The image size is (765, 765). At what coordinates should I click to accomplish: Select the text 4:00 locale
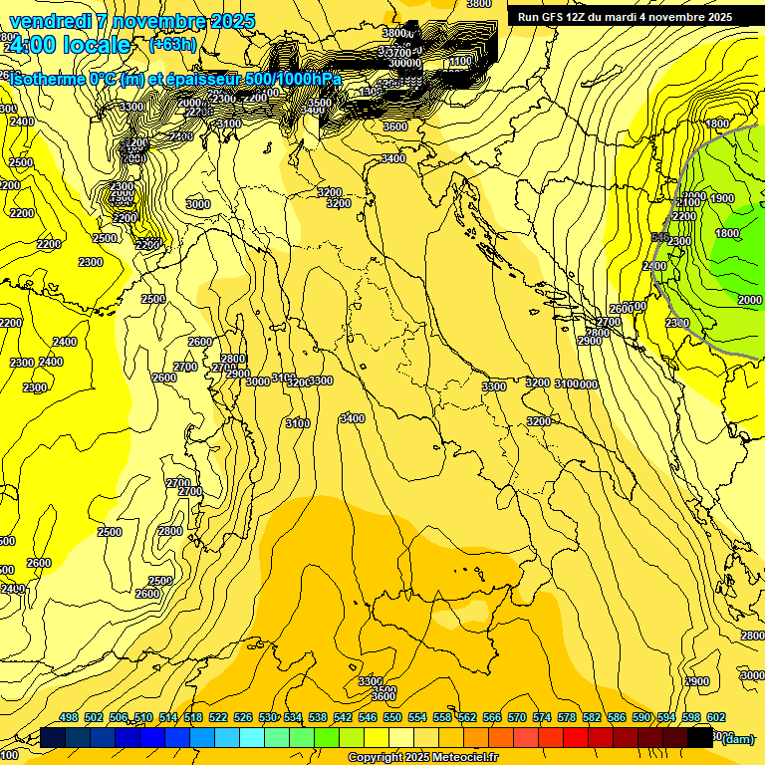pyautogui.click(x=70, y=45)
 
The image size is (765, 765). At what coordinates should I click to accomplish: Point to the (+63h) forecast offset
pyautogui.click(x=172, y=45)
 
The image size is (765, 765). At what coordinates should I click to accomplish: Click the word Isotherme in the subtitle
pyautogui.click(x=45, y=79)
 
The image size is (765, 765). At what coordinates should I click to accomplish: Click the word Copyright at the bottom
pyautogui.click(x=376, y=758)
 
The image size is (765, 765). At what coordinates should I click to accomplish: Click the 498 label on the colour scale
pyautogui.click(x=69, y=718)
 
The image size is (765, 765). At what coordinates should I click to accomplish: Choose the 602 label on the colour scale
pyautogui.click(x=716, y=718)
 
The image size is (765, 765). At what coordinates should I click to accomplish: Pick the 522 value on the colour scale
pyautogui.click(x=218, y=718)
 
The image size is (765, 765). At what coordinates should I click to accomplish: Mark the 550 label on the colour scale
pyautogui.click(x=392, y=718)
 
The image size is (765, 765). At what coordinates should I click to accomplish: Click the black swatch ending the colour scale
pyautogui.click(x=700, y=738)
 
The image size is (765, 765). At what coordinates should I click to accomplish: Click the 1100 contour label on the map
pyautogui.click(x=460, y=62)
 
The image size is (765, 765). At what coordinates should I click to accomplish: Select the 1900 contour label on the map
pyautogui.click(x=722, y=198)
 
